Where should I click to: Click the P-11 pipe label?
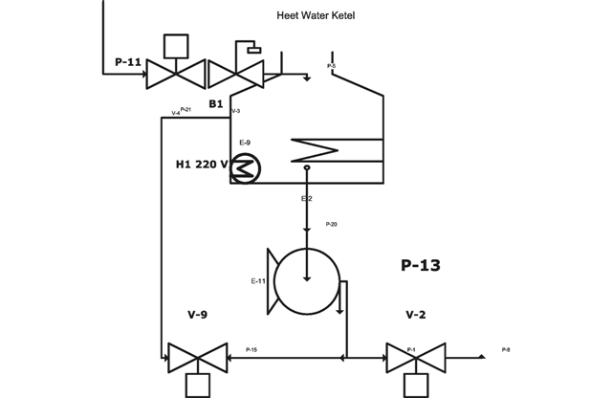[128, 63]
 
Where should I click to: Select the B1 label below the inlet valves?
[216, 103]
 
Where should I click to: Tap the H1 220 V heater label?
[202, 165]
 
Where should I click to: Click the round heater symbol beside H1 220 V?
[246, 168]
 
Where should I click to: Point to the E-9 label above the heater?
[245, 142]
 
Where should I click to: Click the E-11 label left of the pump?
[258, 280]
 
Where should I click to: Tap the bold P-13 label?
[420, 265]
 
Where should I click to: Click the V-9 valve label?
[197, 314]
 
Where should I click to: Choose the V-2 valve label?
[416, 314]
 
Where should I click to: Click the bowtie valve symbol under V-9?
[197, 358]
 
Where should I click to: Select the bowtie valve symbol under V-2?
[416, 358]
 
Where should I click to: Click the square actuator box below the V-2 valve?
[416, 385]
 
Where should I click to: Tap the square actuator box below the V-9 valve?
[197, 385]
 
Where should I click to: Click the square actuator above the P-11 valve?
[176, 46]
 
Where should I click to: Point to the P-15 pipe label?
[251, 349]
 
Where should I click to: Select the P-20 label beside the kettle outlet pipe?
[331, 224]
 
